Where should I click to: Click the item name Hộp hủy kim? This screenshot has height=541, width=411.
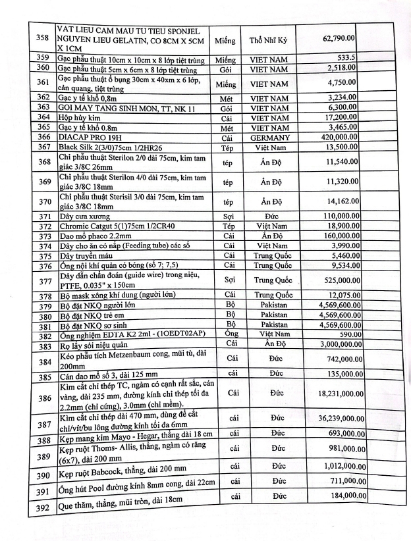coord(80,117)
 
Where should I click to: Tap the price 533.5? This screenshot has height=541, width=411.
coord(346,58)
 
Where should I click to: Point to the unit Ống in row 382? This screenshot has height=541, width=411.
coord(230,334)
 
